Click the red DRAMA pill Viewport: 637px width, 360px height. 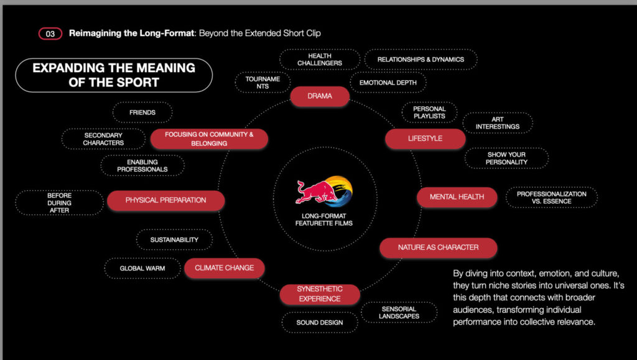coord(320,96)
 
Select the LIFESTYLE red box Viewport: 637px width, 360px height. coord(425,139)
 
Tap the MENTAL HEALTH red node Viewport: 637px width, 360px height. coord(457,197)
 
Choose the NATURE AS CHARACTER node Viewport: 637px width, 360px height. coord(438,247)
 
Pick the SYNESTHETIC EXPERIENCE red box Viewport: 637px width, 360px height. coord(319,294)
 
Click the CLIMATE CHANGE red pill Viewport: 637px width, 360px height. coord(224,268)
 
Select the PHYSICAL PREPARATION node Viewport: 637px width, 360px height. coord(165,200)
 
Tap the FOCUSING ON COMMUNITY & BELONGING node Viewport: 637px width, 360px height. coord(209,139)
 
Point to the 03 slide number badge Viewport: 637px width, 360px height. coord(50,34)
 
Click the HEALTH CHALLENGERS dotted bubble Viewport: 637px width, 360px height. coord(320,59)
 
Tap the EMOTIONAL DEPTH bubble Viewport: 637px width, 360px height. coord(388,82)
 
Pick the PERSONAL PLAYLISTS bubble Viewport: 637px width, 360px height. coord(429,113)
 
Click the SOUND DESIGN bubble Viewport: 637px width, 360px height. coord(320,322)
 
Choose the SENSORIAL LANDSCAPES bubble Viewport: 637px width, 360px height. coord(399,313)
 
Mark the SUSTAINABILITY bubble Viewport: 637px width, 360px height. coord(174,239)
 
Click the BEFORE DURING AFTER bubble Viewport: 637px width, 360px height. coord(59,203)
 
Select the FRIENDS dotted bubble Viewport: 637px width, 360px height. coord(142,113)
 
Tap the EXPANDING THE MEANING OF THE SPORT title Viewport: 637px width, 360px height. coord(114,75)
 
